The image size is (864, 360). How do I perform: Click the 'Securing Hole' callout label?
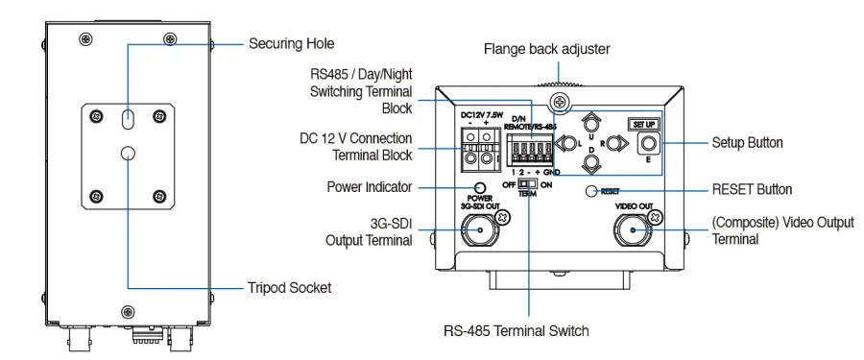[x=292, y=43]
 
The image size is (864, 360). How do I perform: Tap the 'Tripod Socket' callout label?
[x=289, y=288]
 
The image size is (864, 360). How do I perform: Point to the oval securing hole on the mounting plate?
[x=128, y=117]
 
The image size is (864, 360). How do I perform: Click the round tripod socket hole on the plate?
[x=128, y=154]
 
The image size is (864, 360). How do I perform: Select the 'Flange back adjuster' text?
[x=546, y=49]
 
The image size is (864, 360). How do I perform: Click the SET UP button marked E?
[x=647, y=144]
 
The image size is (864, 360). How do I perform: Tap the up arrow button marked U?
[x=591, y=121]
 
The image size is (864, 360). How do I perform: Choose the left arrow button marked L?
[x=565, y=144]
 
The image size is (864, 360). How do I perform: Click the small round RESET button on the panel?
[x=591, y=191]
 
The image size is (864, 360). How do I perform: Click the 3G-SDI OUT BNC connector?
[x=480, y=229]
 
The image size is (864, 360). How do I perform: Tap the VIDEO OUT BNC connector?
[x=632, y=229]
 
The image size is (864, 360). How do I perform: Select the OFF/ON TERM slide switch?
[x=528, y=184]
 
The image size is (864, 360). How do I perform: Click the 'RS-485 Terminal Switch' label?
[x=516, y=331]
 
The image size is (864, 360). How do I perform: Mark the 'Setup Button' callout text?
[x=747, y=143]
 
